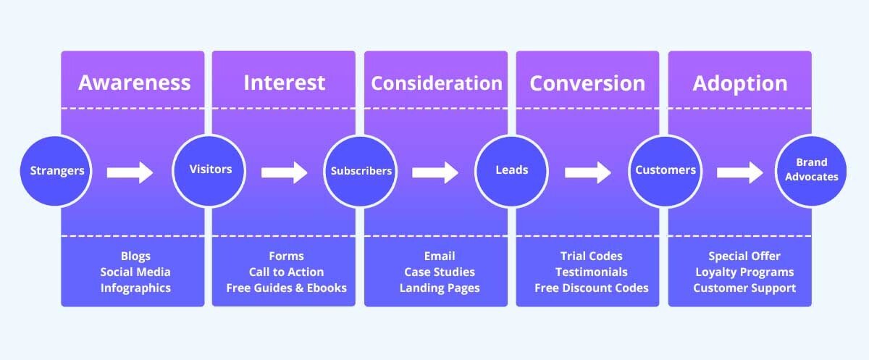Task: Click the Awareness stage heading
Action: (135, 83)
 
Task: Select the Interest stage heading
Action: (284, 83)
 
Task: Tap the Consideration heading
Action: (436, 83)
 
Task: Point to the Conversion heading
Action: (587, 83)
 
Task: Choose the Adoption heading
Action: (739, 83)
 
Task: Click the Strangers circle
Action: (56, 172)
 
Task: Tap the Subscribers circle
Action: (361, 172)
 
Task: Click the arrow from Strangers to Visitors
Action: (130, 172)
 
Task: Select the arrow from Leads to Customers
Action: (588, 172)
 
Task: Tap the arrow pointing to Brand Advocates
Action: (740, 172)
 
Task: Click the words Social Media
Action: (135, 272)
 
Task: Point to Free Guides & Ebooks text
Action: (286, 288)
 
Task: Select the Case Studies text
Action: (440, 272)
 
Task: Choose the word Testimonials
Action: (591, 272)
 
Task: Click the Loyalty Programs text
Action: (744, 272)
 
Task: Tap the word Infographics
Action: (135, 288)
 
